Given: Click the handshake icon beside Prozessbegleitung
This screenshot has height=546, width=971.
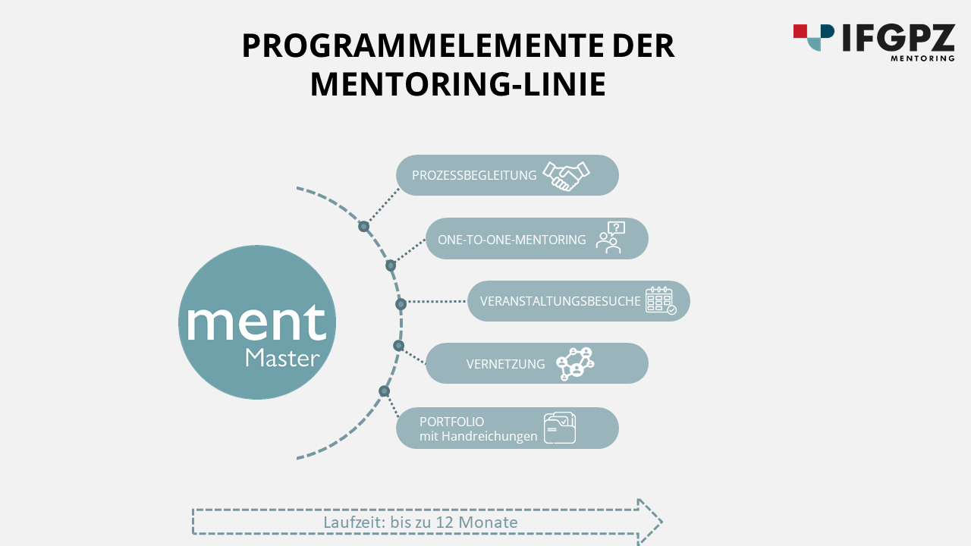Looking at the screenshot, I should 567,176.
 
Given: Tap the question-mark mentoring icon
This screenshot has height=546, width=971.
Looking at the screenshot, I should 610,237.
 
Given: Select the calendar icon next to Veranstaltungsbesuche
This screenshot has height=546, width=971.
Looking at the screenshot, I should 660,300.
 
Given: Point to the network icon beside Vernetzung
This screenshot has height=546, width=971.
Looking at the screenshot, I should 575,363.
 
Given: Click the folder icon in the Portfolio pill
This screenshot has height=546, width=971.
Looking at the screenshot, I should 560,428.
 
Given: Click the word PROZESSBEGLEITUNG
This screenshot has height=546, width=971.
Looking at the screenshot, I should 474,175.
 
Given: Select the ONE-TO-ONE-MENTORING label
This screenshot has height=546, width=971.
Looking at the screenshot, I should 512,240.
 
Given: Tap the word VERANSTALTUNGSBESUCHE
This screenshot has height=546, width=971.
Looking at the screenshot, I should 561,301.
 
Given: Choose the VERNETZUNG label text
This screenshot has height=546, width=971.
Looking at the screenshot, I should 505,364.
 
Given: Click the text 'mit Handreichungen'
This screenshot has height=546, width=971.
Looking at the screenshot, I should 478,436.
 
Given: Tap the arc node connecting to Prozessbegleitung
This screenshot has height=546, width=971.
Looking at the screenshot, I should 364,226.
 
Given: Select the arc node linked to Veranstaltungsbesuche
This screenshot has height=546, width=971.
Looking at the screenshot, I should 401,304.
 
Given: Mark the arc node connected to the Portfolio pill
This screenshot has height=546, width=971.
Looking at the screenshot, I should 385,391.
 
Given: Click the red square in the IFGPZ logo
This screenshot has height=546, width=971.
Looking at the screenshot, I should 800,30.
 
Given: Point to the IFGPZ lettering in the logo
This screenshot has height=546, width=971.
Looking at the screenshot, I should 898,38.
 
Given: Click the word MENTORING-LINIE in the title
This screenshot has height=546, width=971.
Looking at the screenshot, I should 457,83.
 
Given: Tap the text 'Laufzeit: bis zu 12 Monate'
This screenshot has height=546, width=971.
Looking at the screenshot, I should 420,522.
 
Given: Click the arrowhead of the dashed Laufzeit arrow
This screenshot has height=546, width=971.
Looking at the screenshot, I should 650,522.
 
